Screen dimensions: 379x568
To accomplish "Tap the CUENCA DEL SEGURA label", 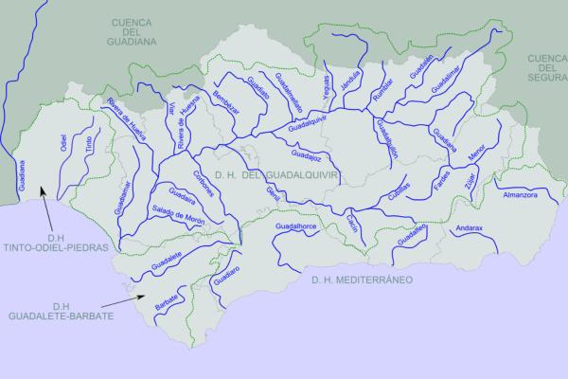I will pyautogui.click(x=547, y=67).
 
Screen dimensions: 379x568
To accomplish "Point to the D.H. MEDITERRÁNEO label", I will pyautogui.click(x=364, y=280).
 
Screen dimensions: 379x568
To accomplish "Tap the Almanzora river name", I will pyautogui.click(x=523, y=194).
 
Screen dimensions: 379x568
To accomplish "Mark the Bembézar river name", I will pyautogui.click(x=222, y=101).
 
